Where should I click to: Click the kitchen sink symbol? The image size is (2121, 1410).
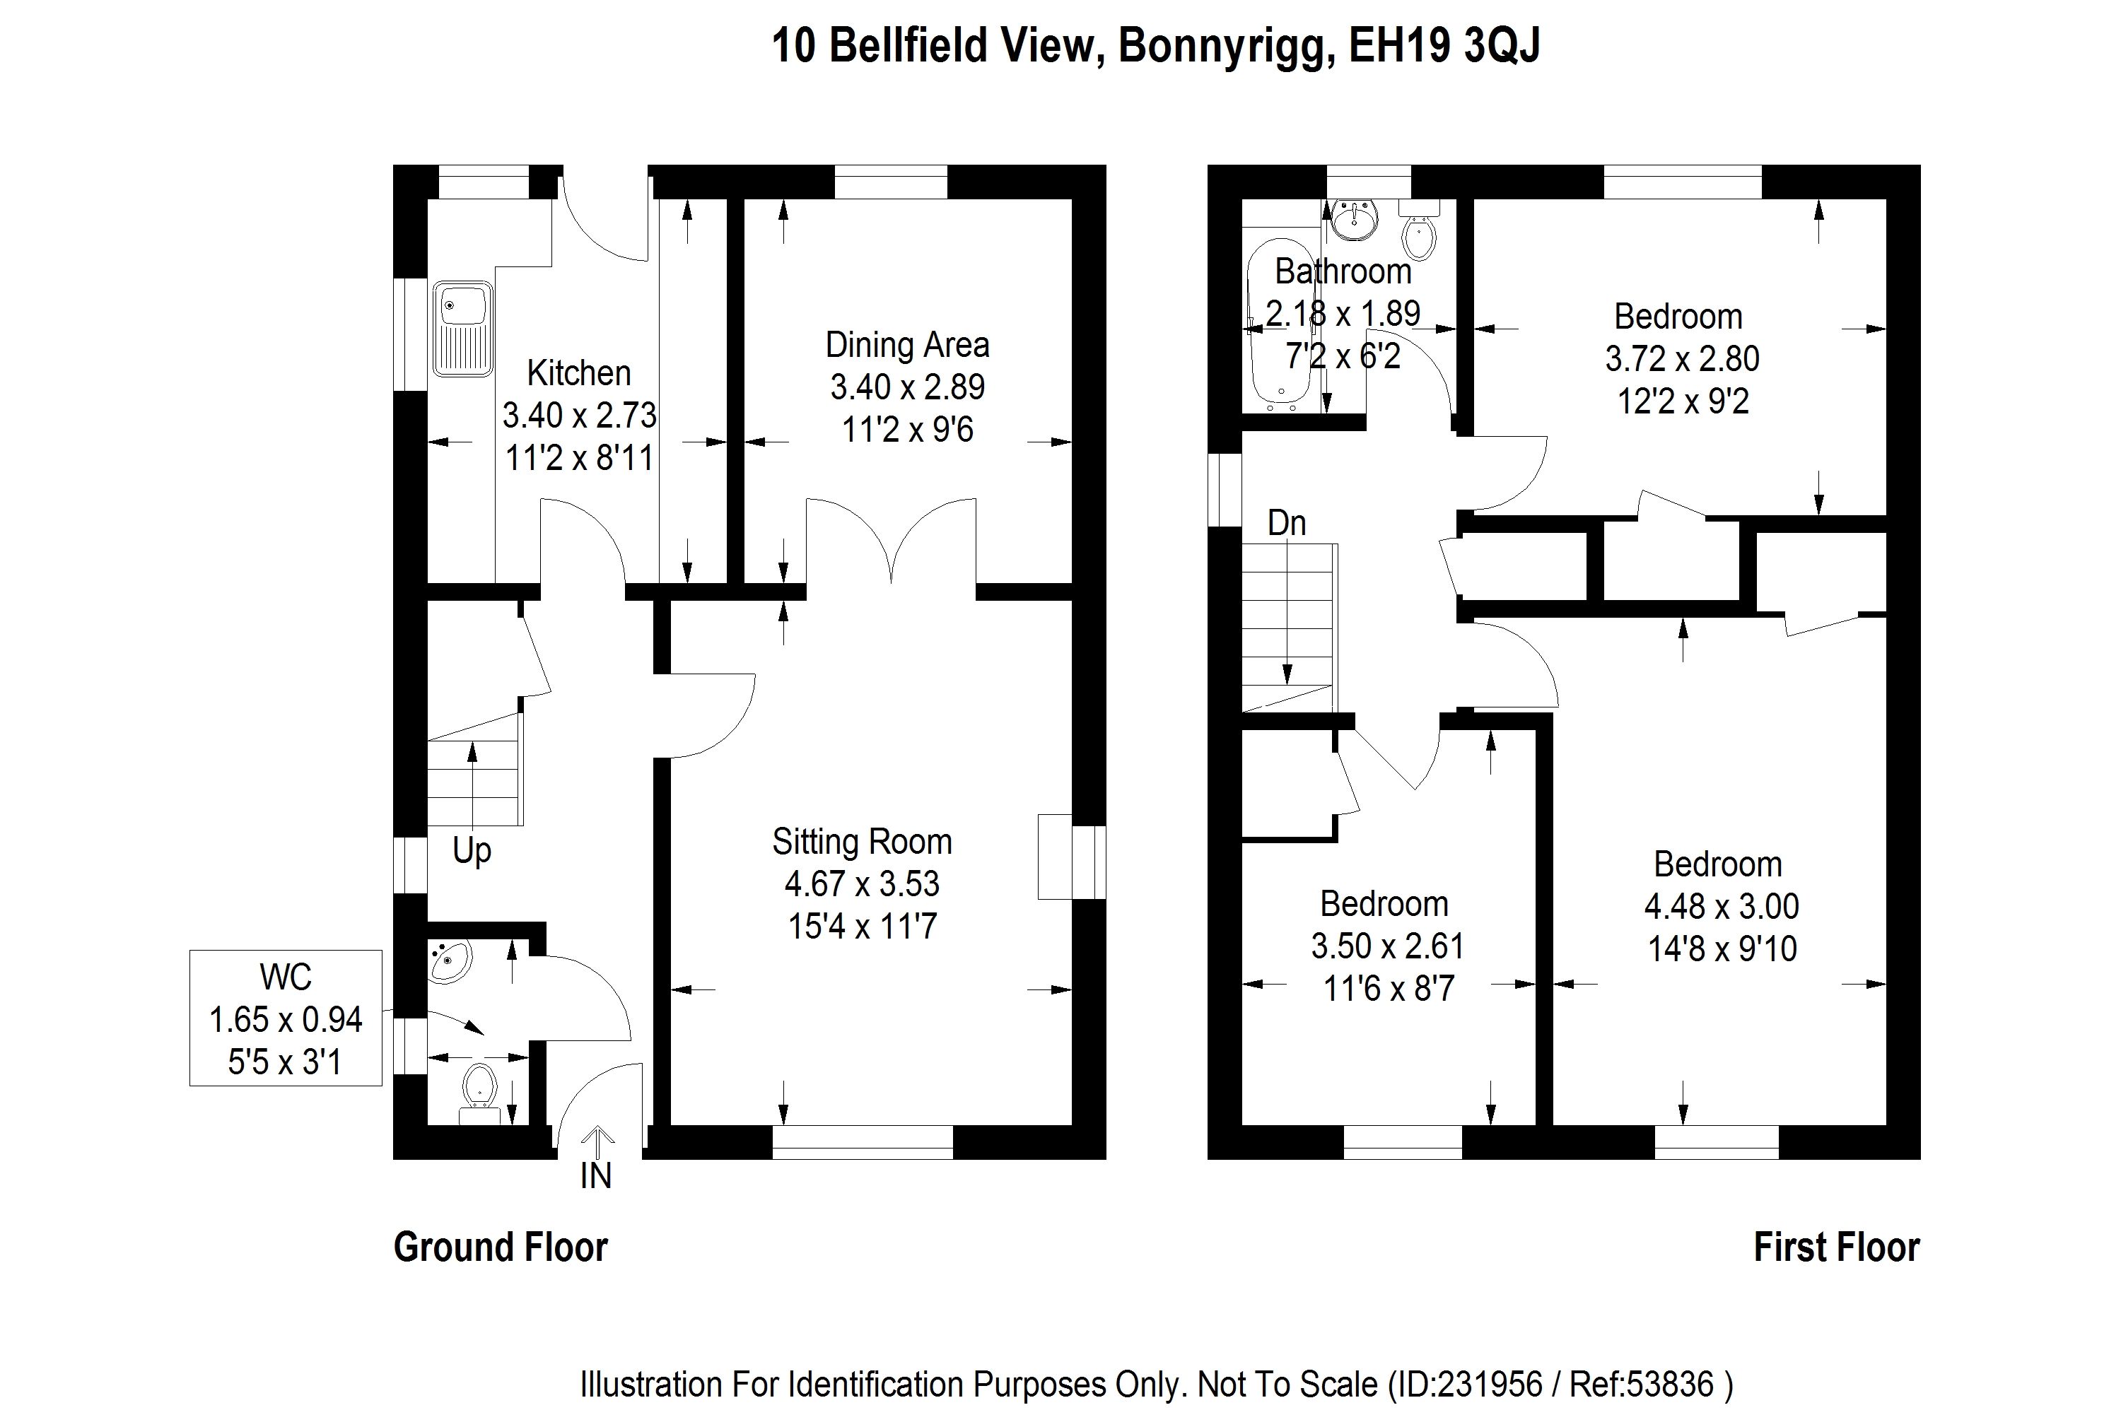coord(462,329)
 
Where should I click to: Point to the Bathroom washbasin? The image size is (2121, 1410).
coord(1352,219)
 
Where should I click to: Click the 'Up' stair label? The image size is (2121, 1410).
coord(472,850)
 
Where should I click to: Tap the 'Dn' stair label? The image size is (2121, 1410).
coord(1286,523)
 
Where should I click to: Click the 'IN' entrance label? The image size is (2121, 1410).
coord(595,1175)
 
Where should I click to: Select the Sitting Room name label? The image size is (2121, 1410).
coord(862,842)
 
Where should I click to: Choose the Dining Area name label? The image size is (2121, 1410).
coord(906,344)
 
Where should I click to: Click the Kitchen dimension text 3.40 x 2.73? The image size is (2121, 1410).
coord(579,416)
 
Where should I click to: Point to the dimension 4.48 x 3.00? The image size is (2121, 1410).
coord(1722,906)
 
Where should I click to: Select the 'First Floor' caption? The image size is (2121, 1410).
coord(1837,1247)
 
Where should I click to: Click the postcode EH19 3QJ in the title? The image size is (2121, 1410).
coord(1444,45)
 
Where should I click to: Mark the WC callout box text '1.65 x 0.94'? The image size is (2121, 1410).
coord(285,1020)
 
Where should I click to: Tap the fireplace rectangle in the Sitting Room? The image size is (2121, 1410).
coord(1054,856)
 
